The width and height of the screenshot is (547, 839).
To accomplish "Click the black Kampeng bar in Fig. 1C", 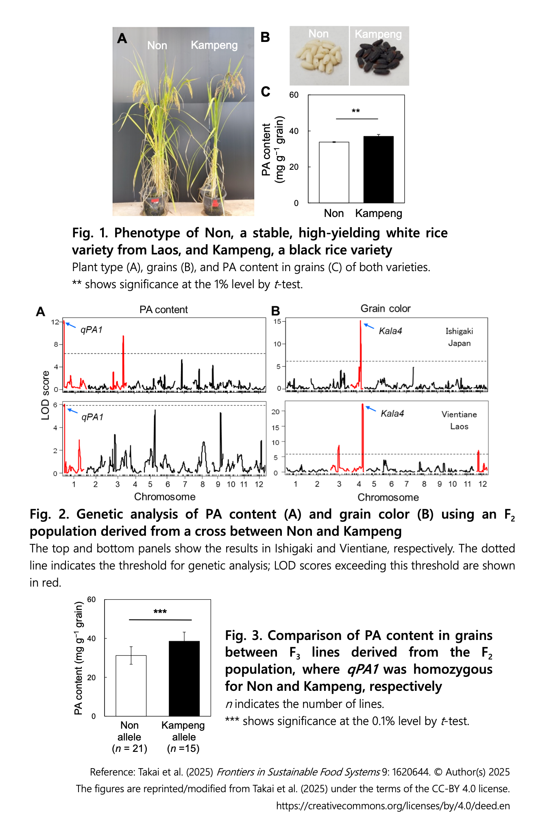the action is tap(378, 169).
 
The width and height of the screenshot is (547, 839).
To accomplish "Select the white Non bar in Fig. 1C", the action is tap(334, 172).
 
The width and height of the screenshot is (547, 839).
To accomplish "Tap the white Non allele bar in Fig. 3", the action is tap(131, 686).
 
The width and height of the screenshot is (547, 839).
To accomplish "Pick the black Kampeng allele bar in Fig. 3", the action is tap(184, 679).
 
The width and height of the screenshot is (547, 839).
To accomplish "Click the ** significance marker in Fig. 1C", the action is tap(356, 111).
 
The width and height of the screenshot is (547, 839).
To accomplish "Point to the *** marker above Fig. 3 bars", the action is tap(160, 612).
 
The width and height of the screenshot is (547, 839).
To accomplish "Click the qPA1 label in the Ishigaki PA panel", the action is tap(92, 330).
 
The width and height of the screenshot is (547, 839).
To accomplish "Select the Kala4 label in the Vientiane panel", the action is tap(392, 414).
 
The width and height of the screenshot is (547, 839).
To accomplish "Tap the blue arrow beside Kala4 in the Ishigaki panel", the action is tap(369, 326).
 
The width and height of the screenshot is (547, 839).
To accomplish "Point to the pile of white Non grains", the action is tap(318, 57).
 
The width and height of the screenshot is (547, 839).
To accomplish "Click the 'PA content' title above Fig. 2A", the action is tap(163, 310).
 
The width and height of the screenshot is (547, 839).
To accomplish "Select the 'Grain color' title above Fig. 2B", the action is tap(386, 309).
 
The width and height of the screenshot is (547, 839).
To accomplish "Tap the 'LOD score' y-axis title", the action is tap(45, 395).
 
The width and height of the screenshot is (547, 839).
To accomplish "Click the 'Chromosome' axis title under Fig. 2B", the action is tap(388, 497).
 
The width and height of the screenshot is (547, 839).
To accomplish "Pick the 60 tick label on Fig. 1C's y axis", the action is tap(294, 95).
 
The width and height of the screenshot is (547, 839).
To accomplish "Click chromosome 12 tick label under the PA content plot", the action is tap(259, 484).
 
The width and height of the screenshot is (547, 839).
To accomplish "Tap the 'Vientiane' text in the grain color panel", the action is tap(459, 414).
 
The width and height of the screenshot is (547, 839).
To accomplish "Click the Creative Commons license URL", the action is tap(393, 806).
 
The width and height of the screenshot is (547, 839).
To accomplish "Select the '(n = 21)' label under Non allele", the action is tap(129, 748).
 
